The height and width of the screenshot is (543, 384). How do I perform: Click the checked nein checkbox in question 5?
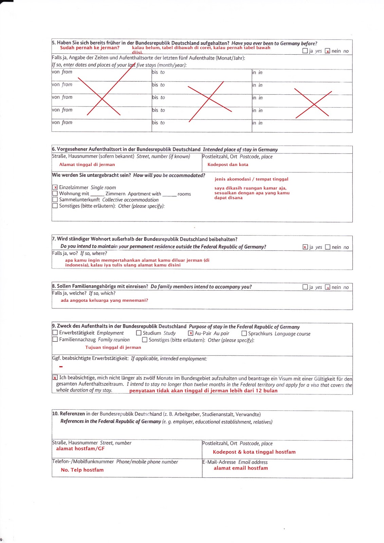click(x=327, y=51)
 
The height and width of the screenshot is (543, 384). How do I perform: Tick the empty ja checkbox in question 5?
click(x=305, y=51)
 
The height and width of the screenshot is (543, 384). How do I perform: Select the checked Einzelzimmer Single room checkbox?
click(x=55, y=187)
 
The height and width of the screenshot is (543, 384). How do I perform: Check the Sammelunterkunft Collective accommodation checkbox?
click(x=55, y=200)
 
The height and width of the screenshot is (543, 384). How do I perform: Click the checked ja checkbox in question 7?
click(x=305, y=247)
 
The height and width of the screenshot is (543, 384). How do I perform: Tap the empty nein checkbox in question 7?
click(x=328, y=247)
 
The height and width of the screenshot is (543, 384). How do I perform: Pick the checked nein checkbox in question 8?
click(x=327, y=287)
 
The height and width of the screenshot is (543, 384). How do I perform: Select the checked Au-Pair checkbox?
click(x=190, y=333)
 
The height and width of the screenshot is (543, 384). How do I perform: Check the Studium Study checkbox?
click(x=139, y=333)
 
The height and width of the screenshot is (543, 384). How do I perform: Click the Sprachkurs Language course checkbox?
click(x=244, y=334)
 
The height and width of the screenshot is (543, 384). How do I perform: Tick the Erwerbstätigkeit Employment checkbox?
click(x=55, y=333)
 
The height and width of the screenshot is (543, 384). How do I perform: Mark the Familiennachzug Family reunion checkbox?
click(x=55, y=339)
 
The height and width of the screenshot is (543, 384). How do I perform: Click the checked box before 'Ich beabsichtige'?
click(x=55, y=377)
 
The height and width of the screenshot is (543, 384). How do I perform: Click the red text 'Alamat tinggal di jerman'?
click(x=87, y=165)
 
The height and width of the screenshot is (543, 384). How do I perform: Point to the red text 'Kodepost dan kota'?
click(x=228, y=165)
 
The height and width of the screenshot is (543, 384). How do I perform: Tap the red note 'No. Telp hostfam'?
click(x=82, y=470)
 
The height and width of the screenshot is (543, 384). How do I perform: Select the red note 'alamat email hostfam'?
click(x=241, y=468)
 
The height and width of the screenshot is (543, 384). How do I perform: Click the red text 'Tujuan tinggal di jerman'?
click(x=113, y=348)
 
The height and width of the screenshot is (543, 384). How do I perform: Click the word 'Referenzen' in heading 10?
click(x=72, y=414)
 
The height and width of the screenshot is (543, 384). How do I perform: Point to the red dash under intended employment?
click(x=61, y=367)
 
